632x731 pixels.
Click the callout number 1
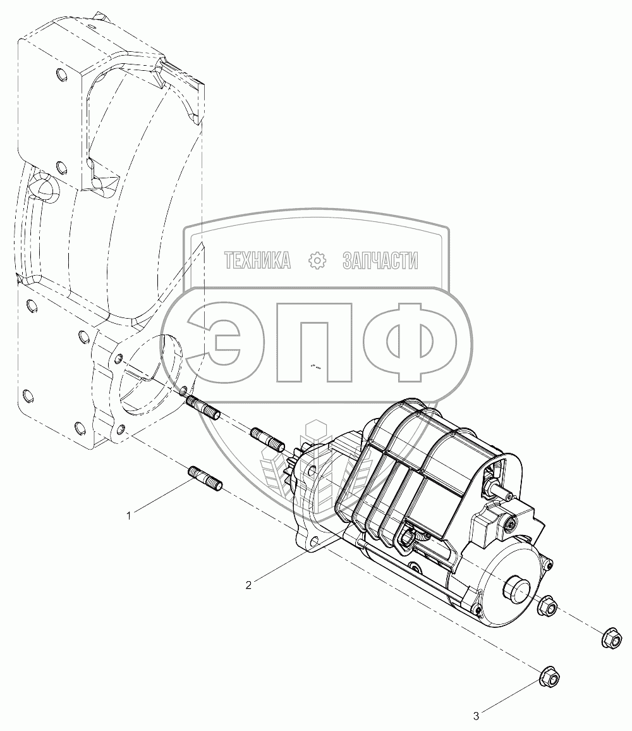[x=129, y=515]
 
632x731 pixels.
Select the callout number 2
[x=248, y=585]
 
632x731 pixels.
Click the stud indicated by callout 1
[x=205, y=479]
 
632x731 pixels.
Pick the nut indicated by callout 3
[x=549, y=676]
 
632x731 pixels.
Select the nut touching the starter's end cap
[x=547, y=606]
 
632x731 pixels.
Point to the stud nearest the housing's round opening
[x=204, y=407]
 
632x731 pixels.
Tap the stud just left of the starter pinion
[x=267, y=439]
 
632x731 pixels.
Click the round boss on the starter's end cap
[x=516, y=588]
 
